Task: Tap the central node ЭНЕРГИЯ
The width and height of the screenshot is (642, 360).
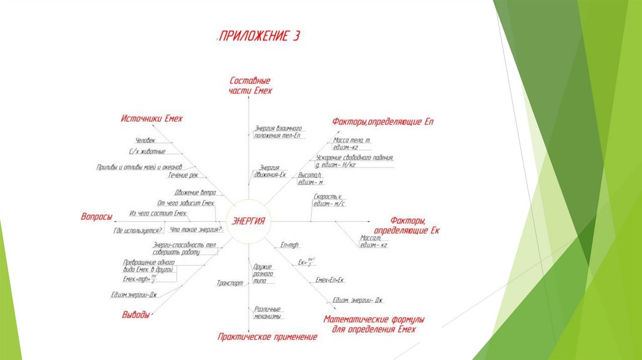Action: (x=248, y=221)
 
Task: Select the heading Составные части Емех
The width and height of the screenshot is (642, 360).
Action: (x=250, y=85)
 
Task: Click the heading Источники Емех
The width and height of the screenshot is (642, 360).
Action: (x=152, y=119)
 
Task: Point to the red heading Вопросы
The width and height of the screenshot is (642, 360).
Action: (x=97, y=217)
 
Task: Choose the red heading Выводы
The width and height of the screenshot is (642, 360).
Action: (x=135, y=315)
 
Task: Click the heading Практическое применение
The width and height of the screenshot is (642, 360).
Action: (x=267, y=337)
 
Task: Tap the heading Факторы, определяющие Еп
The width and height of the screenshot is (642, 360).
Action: (x=382, y=120)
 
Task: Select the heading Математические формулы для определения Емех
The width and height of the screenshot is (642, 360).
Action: (x=369, y=324)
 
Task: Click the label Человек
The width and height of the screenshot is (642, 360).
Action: (x=145, y=140)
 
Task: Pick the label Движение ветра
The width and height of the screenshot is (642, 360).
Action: (x=195, y=193)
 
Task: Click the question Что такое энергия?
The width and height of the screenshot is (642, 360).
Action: (x=196, y=230)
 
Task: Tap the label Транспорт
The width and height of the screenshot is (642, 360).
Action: (x=229, y=283)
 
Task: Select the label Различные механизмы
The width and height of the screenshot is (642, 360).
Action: (x=268, y=312)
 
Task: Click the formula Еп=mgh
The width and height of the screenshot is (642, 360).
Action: (x=291, y=244)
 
